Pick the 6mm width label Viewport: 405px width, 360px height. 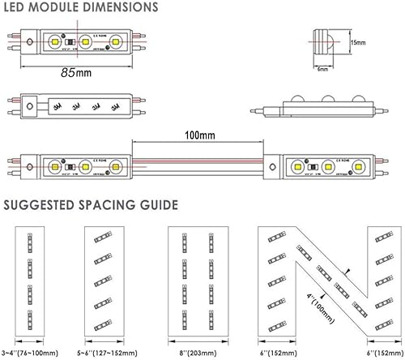click(322, 69)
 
